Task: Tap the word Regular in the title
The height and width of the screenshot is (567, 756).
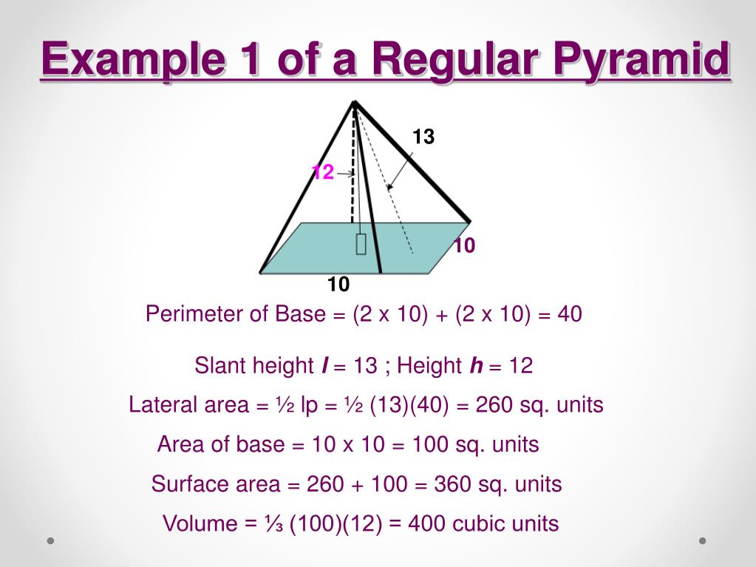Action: click(458, 59)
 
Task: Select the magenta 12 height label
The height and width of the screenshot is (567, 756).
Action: click(323, 172)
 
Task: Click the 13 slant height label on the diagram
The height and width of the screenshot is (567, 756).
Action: click(423, 137)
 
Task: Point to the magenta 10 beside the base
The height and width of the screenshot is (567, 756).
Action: click(463, 246)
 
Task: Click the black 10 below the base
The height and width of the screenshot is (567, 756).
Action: click(338, 285)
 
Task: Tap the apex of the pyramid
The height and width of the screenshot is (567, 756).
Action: click(355, 102)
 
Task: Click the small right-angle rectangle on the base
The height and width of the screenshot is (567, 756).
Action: click(361, 244)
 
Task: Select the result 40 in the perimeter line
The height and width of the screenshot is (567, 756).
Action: click(570, 314)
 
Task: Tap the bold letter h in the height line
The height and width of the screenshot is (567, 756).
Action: click(476, 365)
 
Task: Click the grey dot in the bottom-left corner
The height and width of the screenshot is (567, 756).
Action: click(51, 540)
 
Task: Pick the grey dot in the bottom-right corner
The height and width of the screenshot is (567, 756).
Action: click(702, 540)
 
